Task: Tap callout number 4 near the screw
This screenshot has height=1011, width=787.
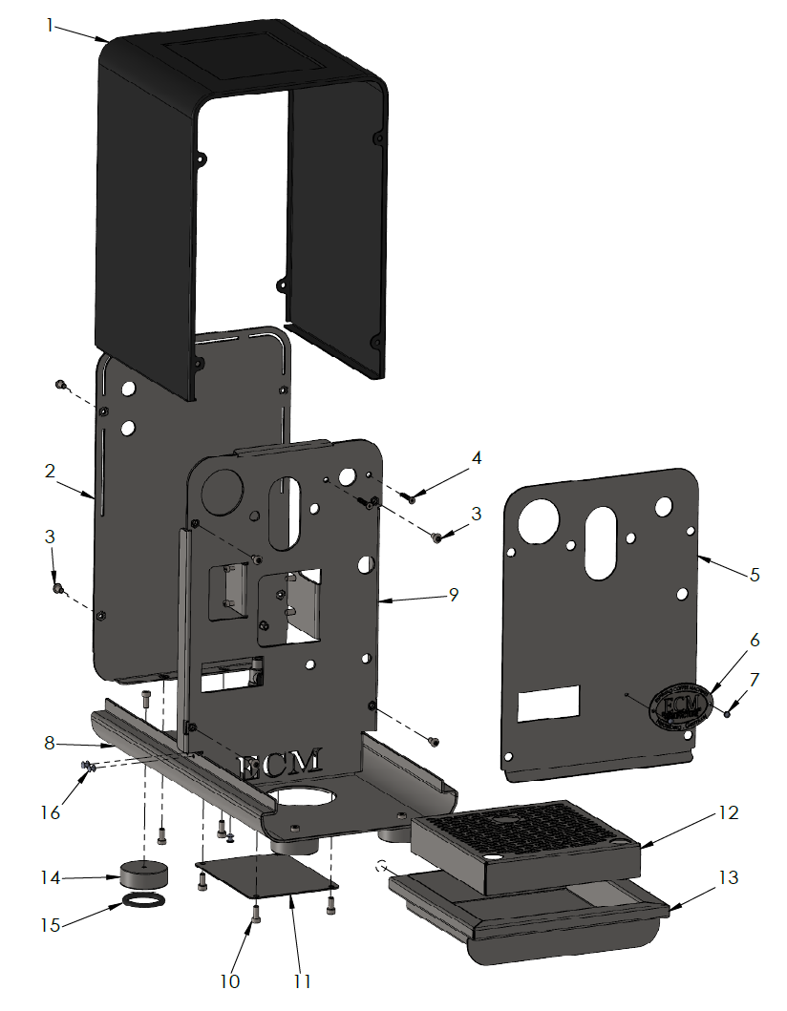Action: pos(476,459)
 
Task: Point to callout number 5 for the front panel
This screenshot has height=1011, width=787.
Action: pos(754,575)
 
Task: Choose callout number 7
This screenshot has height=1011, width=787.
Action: pos(754,680)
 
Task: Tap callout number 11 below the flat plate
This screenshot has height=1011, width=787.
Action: pos(303,980)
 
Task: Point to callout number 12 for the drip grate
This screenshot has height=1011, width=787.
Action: pos(728,814)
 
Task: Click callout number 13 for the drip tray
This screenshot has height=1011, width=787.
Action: pos(728,875)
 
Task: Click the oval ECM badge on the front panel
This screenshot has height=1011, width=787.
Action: pos(680,705)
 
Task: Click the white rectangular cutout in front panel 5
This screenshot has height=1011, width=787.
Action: pos(548,703)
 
